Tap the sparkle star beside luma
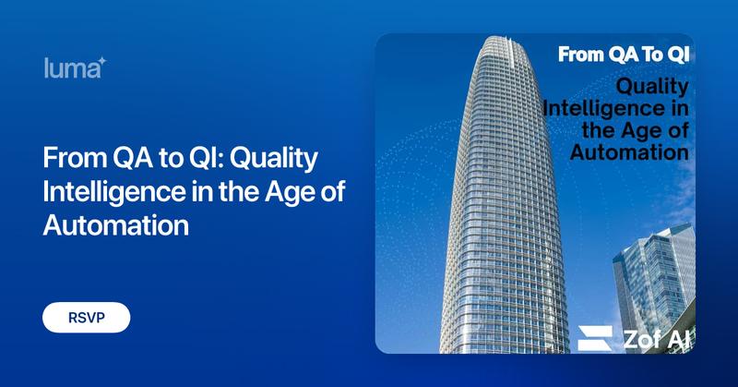click(102, 61)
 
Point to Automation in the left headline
click(115, 224)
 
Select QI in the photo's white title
click(676, 54)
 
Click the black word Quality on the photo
click(652, 88)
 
